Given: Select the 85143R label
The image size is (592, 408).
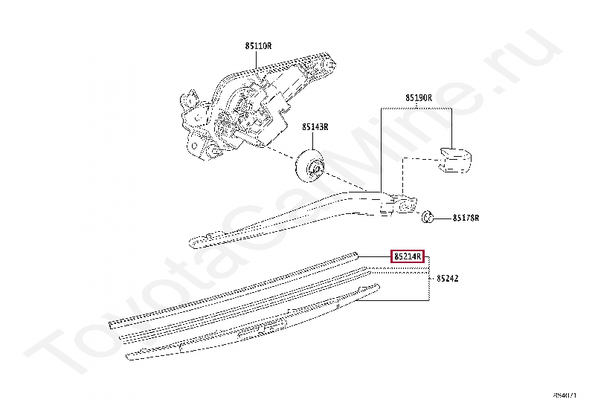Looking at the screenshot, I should point(315,126).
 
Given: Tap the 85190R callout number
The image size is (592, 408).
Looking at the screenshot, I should point(419,97).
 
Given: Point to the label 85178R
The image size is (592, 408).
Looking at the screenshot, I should point(466,218).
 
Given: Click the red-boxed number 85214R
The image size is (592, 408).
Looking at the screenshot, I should point(408,256).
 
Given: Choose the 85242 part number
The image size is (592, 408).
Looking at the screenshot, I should point(447,278).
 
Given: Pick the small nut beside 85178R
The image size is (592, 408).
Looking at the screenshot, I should point(428,218).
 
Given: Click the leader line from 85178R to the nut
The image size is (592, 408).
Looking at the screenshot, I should point(443,218).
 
